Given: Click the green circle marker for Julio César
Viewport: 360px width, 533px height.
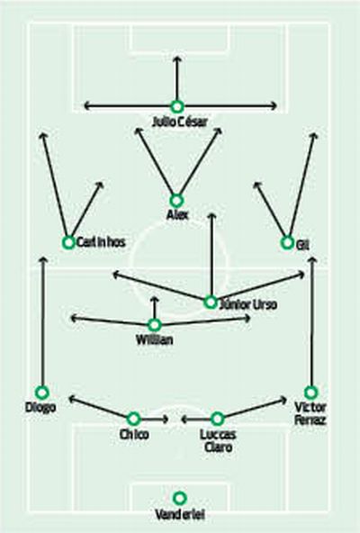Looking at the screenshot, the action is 176,107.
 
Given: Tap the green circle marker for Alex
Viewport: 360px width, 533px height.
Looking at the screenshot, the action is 176,201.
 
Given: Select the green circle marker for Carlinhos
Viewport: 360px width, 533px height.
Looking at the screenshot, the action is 68,242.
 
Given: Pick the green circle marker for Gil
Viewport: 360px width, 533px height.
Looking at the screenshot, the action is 287,243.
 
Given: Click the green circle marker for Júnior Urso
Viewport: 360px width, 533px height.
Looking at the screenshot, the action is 211,303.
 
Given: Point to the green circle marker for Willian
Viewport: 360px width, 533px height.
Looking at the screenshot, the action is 155,325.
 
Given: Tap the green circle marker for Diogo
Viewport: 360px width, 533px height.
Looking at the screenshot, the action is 42,393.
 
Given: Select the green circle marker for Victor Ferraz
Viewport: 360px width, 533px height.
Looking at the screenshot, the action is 310,393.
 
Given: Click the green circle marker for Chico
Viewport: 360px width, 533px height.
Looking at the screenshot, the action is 133,419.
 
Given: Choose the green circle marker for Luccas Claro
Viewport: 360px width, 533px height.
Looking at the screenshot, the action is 217,419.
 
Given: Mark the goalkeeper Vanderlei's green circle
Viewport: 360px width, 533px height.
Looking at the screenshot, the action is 179,498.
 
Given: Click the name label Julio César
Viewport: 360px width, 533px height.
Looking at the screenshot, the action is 179,122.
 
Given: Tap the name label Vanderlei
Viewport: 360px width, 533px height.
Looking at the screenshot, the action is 180,515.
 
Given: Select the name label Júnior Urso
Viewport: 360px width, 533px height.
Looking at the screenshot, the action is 248,304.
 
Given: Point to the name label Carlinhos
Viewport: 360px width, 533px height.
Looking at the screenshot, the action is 101,242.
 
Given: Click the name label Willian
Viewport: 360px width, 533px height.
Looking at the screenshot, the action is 154,339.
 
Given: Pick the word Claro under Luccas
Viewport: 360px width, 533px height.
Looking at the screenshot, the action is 218,447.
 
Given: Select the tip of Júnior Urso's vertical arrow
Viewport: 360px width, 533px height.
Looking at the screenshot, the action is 211,214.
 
